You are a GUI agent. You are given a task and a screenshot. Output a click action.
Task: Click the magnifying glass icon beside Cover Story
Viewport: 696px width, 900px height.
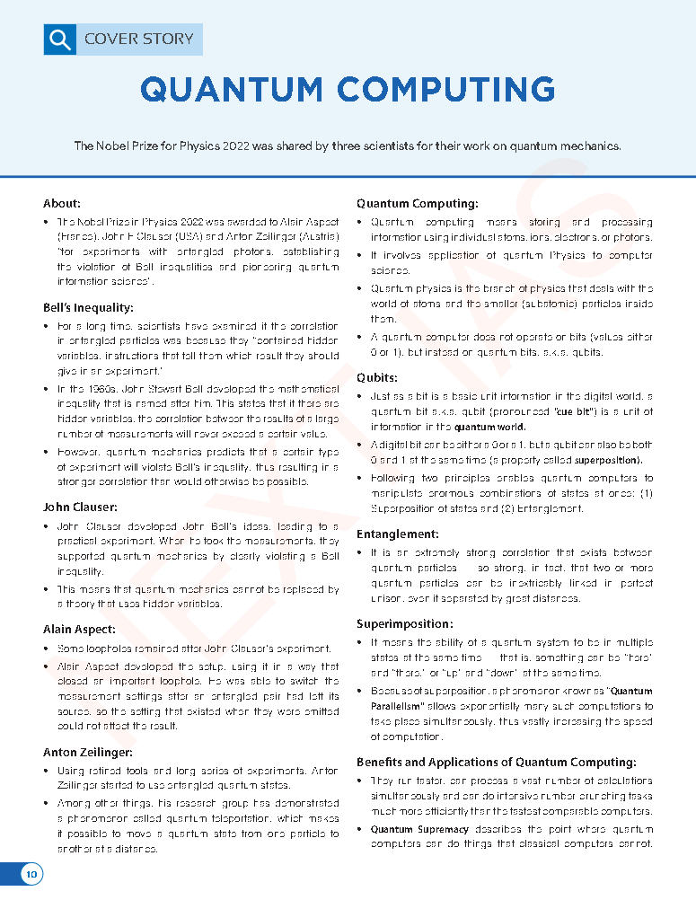[x=59, y=39]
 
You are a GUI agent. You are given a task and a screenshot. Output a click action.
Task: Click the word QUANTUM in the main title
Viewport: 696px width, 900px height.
[x=231, y=89]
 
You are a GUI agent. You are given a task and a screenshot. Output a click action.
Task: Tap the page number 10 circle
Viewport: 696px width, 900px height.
[x=31, y=874]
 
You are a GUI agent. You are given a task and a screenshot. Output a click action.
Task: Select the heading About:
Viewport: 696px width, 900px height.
[x=62, y=203]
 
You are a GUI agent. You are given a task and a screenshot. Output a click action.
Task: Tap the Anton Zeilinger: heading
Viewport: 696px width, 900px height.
[x=88, y=752]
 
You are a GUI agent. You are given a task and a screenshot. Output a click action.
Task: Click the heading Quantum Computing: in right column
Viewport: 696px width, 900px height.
[x=417, y=203]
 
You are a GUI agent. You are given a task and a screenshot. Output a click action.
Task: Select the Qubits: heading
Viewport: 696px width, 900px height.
[x=377, y=377]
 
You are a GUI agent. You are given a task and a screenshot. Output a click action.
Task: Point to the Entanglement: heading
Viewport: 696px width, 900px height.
[x=398, y=534]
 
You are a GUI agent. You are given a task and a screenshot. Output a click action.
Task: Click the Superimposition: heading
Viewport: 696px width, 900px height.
[x=404, y=623]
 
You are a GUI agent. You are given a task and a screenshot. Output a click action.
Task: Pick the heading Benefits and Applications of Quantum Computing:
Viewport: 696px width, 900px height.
[x=497, y=762]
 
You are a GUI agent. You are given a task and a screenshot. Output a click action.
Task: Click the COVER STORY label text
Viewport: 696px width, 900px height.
[x=138, y=39]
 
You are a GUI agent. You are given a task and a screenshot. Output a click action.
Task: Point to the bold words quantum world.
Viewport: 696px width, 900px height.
[x=489, y=427]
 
